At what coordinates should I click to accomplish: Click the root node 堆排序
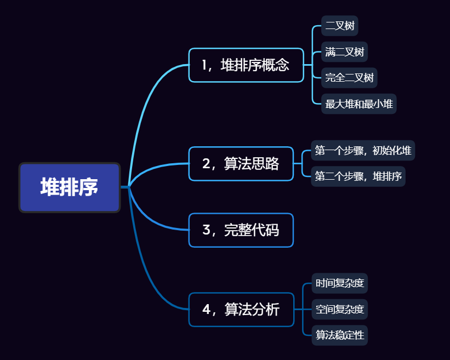point(70,187)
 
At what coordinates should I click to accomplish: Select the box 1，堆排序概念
point(246,65)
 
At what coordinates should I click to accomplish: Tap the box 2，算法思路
point(241,164)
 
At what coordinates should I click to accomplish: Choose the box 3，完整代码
point(241,230)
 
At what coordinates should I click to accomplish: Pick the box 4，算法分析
point(241,310)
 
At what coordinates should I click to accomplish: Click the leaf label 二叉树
point(340,26)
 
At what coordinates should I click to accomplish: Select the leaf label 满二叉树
point(344,53)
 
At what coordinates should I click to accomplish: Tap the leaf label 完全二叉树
point(349,78)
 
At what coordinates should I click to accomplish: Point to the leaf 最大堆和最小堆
point(358,104)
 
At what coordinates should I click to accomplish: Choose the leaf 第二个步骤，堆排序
point(358,176)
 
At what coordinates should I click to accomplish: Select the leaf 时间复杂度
point(340,284)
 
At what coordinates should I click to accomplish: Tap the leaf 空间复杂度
point(340,310)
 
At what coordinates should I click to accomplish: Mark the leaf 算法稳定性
point(340,335)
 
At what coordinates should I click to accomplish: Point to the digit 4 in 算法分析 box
point(207,310)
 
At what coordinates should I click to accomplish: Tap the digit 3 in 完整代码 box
point(207,230)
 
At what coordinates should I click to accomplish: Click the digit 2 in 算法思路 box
point(207,164)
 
